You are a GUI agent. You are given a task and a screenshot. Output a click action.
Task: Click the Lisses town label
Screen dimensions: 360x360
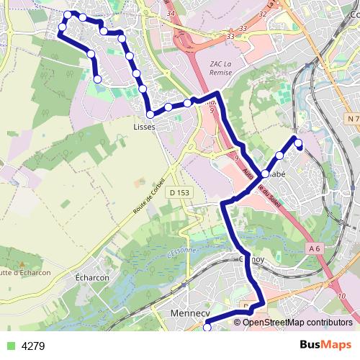[144, 127]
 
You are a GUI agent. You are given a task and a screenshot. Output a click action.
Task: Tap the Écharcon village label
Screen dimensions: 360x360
[92, 277]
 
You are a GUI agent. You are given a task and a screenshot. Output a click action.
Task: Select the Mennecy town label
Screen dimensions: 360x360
[189, 314]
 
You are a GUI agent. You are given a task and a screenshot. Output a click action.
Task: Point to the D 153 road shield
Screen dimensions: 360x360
[179, 194]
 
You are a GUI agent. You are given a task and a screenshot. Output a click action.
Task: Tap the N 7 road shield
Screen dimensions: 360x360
[351, 118]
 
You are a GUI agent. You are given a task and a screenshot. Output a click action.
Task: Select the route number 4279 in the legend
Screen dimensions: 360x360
[33, 346]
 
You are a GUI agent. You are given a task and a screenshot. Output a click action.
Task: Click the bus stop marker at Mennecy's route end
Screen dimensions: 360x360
[207, 328]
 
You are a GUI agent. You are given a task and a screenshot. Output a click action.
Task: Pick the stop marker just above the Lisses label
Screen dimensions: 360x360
[150, 114]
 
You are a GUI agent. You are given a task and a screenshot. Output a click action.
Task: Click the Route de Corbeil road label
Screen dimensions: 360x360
[149, 195]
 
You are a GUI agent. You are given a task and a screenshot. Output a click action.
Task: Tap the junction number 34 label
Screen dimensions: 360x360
[171, 13]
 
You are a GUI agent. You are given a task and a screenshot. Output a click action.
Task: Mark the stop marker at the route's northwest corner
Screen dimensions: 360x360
[68, 14]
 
